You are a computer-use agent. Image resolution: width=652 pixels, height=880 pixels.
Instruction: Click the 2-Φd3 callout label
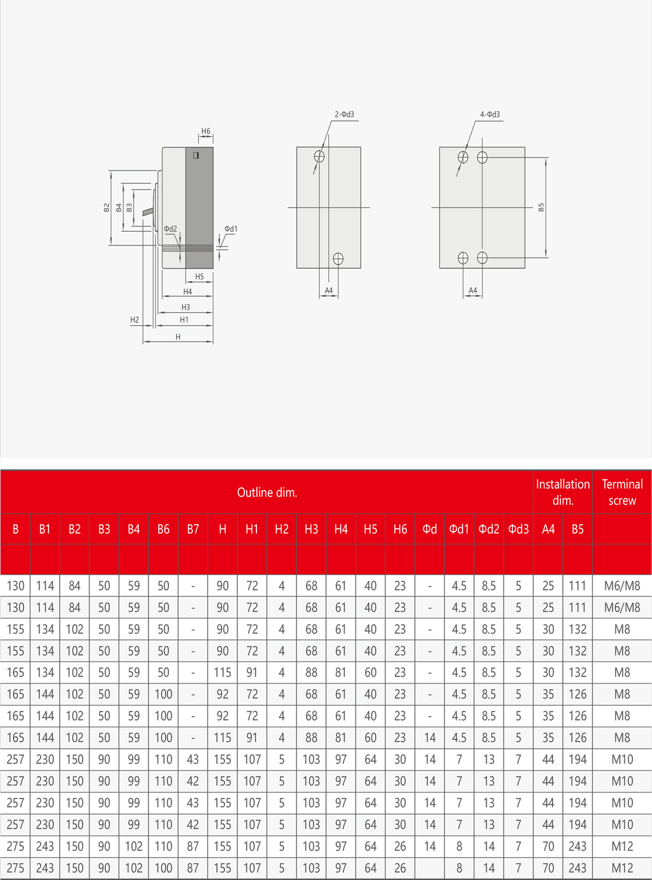[x=344, y=115]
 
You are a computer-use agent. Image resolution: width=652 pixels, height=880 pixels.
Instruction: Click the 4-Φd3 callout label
[x=490, y=115]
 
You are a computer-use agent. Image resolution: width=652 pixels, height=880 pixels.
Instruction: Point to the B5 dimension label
[x=541, y=207]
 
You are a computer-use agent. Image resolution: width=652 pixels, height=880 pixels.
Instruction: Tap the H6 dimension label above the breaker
[x=205, y=131]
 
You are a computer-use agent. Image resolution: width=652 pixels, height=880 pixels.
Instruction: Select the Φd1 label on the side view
[x=231, y=229]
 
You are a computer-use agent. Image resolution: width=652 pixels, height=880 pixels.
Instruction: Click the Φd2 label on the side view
[x=171, y=229]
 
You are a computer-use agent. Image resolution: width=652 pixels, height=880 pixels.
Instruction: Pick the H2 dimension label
[x=134, y=320]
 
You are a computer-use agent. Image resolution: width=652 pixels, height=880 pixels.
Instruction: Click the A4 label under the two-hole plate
[x=329, y=291]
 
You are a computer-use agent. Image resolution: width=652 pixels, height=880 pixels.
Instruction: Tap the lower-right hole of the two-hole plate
[x=338, y=259]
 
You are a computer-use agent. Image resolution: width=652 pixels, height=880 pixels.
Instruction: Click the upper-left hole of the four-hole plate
[x=463, y=158]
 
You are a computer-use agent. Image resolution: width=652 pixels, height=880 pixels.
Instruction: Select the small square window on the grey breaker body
[x=196, y=155]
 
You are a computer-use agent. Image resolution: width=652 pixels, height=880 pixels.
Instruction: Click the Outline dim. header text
[x=267, y=492]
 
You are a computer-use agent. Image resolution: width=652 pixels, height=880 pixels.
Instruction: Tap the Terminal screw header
[x=622, y=492]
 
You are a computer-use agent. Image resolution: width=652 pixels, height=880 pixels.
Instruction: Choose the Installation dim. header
[x=563, y=492]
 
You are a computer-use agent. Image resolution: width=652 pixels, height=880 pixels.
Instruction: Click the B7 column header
[x=193, y=529]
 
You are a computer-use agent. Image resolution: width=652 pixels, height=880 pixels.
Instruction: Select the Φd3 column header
[x=518, y=529]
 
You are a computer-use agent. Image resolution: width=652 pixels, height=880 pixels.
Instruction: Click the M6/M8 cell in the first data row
[x=622, y=586]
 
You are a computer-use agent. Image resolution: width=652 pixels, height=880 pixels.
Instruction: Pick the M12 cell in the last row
[x=622, y=868]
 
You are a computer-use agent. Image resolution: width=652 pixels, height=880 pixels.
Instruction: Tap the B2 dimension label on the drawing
[x=106, y=208]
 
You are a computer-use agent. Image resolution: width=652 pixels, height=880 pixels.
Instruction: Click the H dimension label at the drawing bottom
[x=178, y=337]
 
